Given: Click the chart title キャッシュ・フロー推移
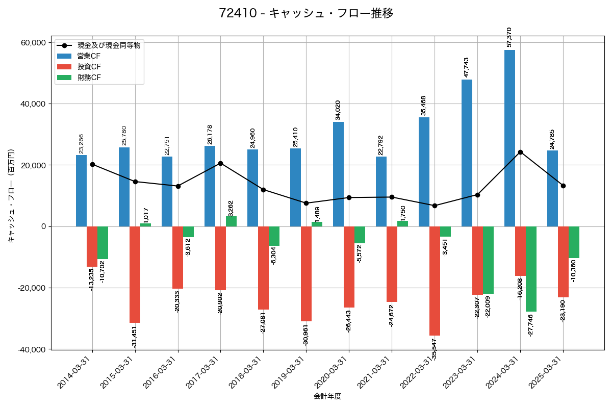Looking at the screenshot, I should pyautogui.click(x=306, y=13).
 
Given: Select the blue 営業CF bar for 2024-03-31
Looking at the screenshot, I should pyautogui.click(x=509, y=138).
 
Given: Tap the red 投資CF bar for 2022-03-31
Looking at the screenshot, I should pyautogui.click(x=435, y=280).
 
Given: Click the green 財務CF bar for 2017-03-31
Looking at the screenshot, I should pyautogui.click(x=231, y=221).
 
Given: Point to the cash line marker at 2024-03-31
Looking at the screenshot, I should pyautogui.click(x=520, y=152).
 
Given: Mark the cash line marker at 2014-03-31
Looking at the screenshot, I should pyautogui.click(x=92, y=164).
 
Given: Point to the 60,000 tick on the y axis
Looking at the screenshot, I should pyautogui.click(x=32, y=42).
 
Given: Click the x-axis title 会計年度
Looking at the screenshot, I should pyautogui.click(x=327, y=396).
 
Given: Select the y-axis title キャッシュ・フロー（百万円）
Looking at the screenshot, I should pyautogui.click(x=11, y=195).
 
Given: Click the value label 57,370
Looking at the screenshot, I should pyautogui.click(x=509, y=38).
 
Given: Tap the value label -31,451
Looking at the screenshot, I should pyautogui.click(x=134, y=337).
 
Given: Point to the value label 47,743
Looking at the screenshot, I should pyautogui.click(x=466, y=67).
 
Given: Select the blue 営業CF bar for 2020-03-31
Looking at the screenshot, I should pyautogui.click(x=338, y=174).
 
